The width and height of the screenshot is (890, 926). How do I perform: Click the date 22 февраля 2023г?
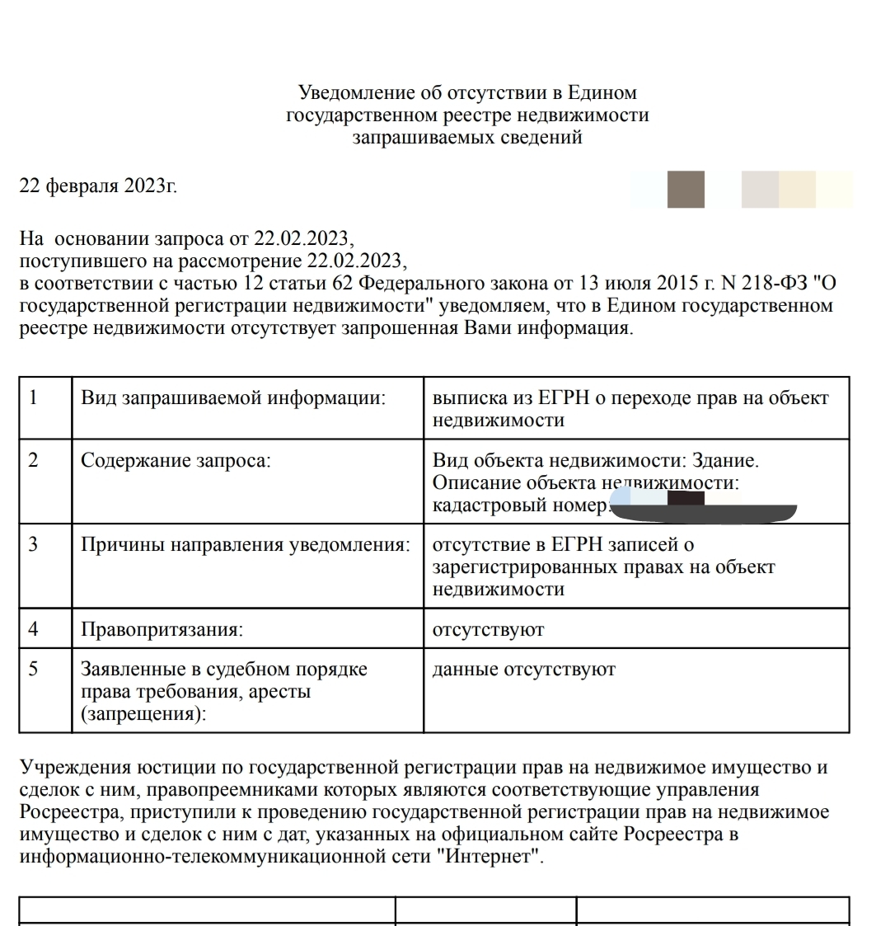(98, 186)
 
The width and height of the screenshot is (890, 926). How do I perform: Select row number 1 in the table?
(34, 397)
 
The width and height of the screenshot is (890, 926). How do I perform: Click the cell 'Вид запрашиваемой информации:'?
(233, 397)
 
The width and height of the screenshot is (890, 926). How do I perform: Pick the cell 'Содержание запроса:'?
(175, 461)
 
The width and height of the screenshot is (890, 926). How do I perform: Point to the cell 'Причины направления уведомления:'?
(246, 545)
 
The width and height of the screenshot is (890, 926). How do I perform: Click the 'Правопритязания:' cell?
(162, 630)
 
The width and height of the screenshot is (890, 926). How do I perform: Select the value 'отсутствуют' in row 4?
(488, 630)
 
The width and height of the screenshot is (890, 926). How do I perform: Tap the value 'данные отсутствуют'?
(523, 670)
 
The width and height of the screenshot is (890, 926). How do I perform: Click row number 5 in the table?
(34, 669)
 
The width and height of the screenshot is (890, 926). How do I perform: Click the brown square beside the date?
(686, 190)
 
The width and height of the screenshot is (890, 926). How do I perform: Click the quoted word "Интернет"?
(493, 856)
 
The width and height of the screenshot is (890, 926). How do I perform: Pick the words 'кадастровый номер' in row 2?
(519, 505)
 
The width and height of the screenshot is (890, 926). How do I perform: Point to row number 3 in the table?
(34, 545)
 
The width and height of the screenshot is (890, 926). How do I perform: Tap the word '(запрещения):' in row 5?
(143, 714)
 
